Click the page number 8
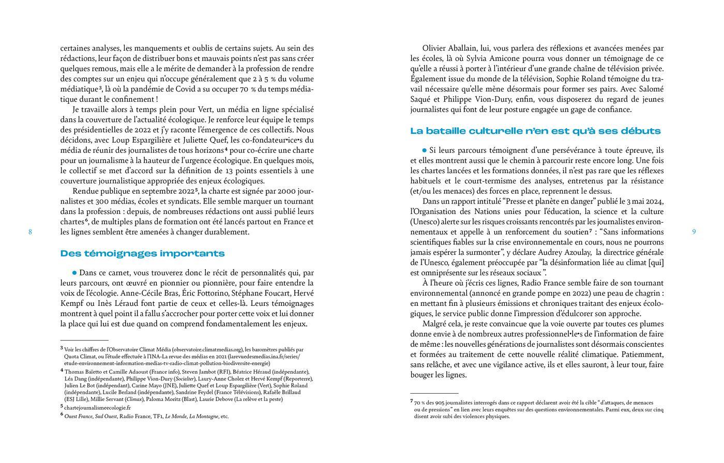(30, 232)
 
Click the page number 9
(693, 232)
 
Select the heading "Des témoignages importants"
(142, 253)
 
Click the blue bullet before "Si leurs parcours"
(425, 150)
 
